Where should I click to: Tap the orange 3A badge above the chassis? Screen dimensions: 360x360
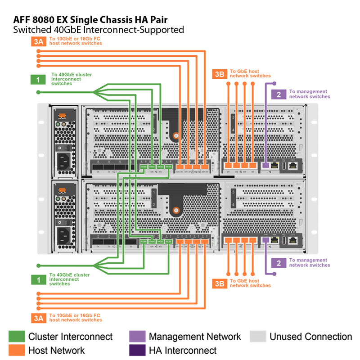[38, 42]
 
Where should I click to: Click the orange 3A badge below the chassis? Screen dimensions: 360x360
[38, 318]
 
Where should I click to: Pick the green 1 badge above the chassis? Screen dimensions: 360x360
[38, 80]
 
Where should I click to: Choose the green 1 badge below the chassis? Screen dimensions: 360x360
[38, 279]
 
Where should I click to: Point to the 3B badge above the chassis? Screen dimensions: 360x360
[219, 74]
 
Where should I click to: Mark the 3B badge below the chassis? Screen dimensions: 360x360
[219, 283]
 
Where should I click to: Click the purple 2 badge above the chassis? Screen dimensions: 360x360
[279, 94]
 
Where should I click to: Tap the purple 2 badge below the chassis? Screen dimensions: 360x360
[279, 263]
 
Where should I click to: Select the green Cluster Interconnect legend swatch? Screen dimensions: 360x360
[17, 337]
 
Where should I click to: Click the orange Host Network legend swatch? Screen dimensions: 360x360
[17, 350]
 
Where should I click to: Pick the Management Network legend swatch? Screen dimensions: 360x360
[137, 337]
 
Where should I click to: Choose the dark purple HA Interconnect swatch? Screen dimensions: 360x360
[137, 350]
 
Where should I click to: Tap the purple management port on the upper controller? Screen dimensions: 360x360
[265, 166]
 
